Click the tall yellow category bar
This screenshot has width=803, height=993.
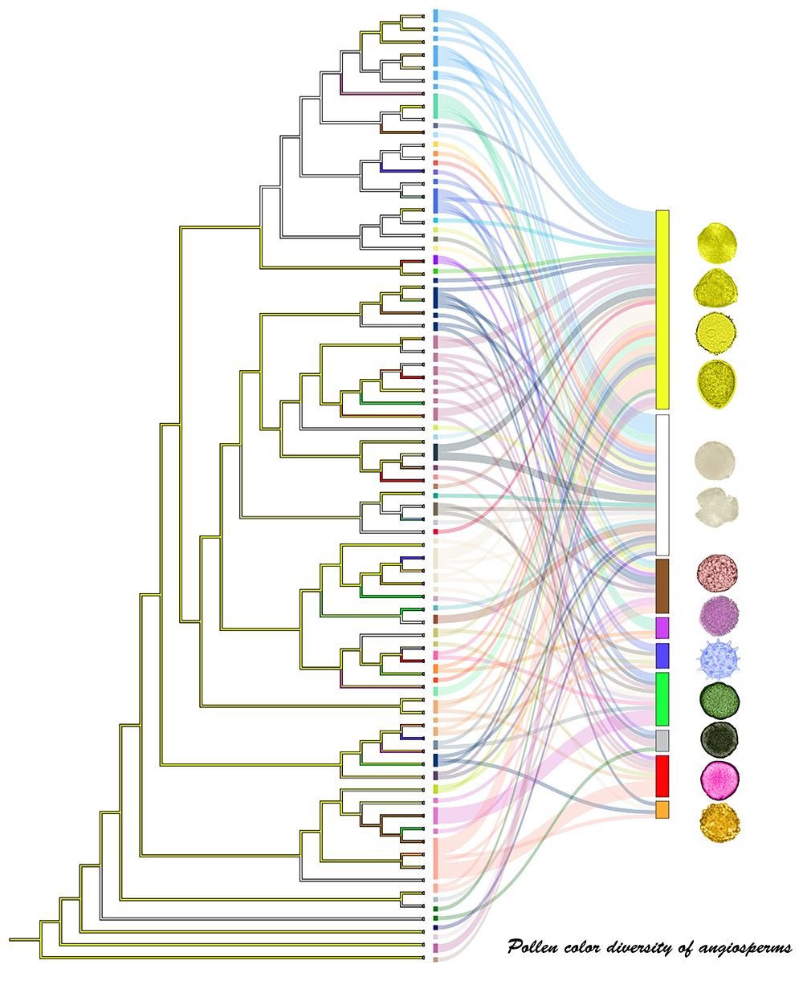662,310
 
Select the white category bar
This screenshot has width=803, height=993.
662,485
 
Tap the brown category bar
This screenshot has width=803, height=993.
662,586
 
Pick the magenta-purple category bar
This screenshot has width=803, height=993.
662,628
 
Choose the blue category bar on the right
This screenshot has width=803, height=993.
662,656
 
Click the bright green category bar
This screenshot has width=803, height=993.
662,699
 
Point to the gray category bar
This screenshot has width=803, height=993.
662,740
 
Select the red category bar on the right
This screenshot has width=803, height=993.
662,776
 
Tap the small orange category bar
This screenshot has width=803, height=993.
662,810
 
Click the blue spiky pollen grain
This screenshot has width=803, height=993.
718,658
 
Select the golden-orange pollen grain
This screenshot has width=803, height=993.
720,822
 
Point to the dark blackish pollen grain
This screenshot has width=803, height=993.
719,739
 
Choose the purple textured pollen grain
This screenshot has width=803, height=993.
719,616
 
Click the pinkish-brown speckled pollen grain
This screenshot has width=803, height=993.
717,573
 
